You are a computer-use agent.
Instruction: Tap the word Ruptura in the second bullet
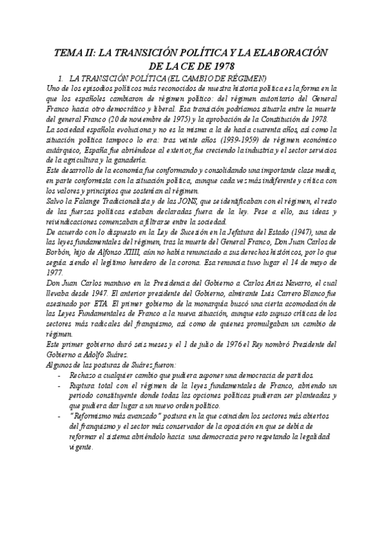pyautogui.click(x=84, y=386)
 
